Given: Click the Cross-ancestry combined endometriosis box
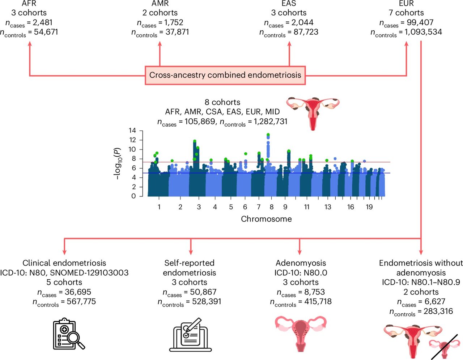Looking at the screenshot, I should point(225,75).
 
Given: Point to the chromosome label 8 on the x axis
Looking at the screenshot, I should point(272,207).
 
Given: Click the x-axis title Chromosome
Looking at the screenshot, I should point(266,219).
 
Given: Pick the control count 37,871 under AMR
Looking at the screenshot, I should point(174,32).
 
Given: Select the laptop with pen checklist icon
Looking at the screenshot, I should point(191,335).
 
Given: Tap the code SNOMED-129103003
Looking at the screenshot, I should point(89,273).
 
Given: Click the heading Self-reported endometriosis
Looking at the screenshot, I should point(189,268).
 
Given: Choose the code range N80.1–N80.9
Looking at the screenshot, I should point(434,283).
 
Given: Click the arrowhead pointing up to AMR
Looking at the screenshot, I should point(160,44).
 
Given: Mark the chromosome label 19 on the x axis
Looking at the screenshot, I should point(369,207).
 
